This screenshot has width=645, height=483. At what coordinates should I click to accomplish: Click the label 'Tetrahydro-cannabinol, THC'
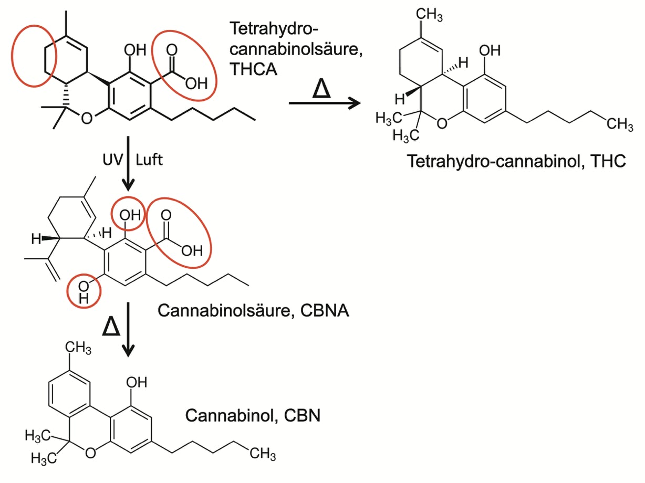coord(516,161)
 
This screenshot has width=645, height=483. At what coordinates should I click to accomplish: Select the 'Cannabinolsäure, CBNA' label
coord(253,311)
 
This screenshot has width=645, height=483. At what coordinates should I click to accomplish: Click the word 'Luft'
coord(149,160)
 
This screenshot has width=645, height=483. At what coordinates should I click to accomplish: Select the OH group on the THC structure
coord(490,51)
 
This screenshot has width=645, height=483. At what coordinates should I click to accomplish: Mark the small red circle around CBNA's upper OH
coord(128,214)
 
